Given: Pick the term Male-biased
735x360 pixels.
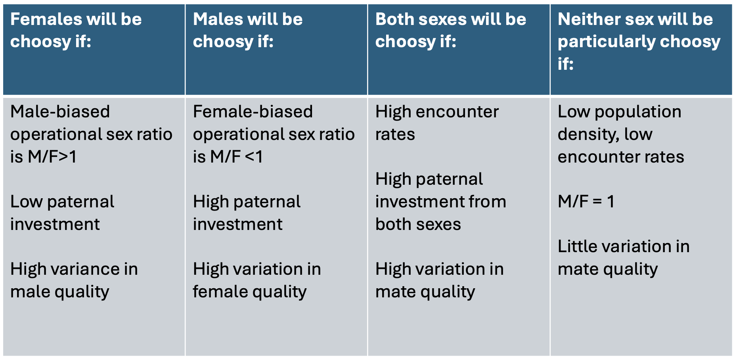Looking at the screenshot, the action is pos(60,111).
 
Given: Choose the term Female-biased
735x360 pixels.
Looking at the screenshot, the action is pos(253,111).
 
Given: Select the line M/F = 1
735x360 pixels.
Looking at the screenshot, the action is pos(586,201).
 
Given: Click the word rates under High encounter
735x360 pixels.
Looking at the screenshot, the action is pos(395,135).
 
